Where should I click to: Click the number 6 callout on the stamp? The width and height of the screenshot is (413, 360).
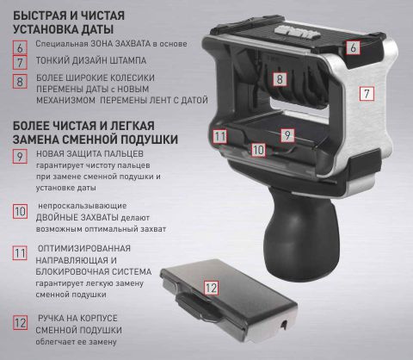(353, 47)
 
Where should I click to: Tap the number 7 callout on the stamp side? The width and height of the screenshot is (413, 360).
(367, 94)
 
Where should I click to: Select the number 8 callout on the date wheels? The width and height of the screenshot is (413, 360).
(280, 79)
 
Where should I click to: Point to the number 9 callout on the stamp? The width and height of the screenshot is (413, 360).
(287, 135)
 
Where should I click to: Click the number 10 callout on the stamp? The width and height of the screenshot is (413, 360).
(258, 150)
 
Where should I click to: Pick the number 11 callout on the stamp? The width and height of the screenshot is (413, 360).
(219, 136)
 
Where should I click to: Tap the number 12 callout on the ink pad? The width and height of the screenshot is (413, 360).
(212, 288)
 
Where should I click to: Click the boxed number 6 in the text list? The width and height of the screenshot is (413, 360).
(20, 47)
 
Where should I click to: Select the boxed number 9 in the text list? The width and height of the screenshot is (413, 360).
(20, 157)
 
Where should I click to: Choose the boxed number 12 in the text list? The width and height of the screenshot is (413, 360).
(20, 323)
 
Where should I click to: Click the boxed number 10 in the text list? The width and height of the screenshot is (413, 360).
(20, 212)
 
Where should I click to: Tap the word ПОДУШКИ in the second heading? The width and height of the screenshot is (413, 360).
(149, 140)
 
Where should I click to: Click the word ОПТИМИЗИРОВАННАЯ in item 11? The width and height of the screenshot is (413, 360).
(84, 249)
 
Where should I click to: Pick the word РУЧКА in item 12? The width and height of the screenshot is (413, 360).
(51, 319)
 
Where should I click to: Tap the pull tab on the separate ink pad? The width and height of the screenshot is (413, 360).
(198, 307)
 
